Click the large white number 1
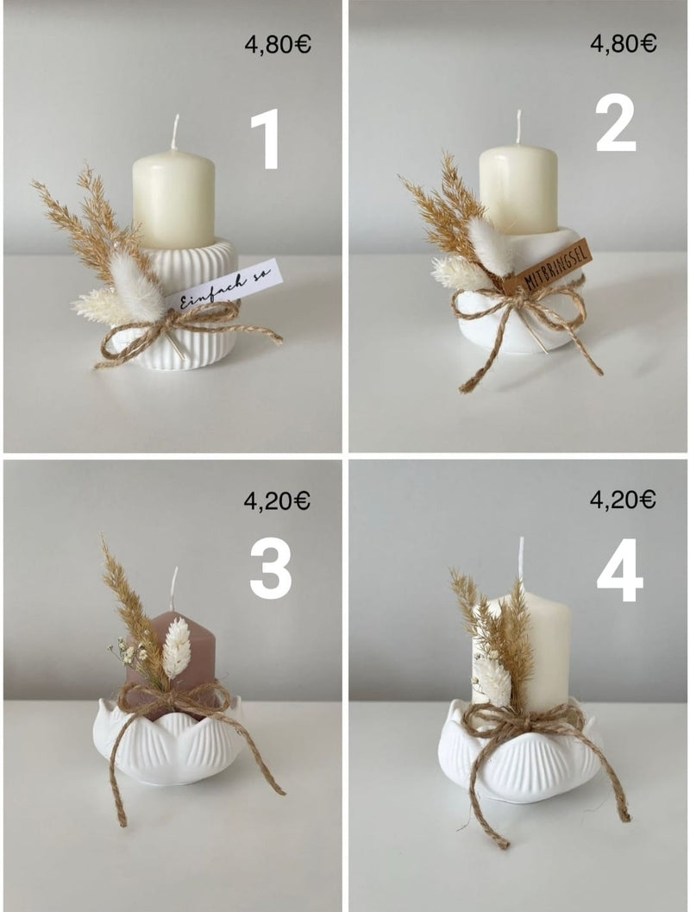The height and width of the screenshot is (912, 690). pyautogui.click(x=267, y=139)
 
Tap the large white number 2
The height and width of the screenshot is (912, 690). pyautogui.click(x=616, y=123)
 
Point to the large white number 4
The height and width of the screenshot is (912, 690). pyautogui.click(x=619, y=570)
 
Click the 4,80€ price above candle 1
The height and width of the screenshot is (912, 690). pyautogui.click(x=278, y=45)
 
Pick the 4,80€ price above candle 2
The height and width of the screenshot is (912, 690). pyautogui.click(x=623, y=43)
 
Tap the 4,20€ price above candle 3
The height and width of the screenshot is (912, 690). pyautogui.click(x=277, y=500)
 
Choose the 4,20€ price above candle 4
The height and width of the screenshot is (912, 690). pyautogui.click(x=623, y=499)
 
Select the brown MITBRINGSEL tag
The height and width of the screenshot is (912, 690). pyautogui.click(x=549, y=267)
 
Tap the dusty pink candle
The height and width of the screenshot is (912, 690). pyautogui.click(x=173, y=663)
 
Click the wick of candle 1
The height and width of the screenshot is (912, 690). pyautogui.click(x=174, y=133)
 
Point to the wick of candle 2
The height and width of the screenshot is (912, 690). pyautogui.click(x=518, y=127)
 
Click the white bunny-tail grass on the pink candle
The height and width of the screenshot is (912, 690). pyautogui.click(x=176, y=648)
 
